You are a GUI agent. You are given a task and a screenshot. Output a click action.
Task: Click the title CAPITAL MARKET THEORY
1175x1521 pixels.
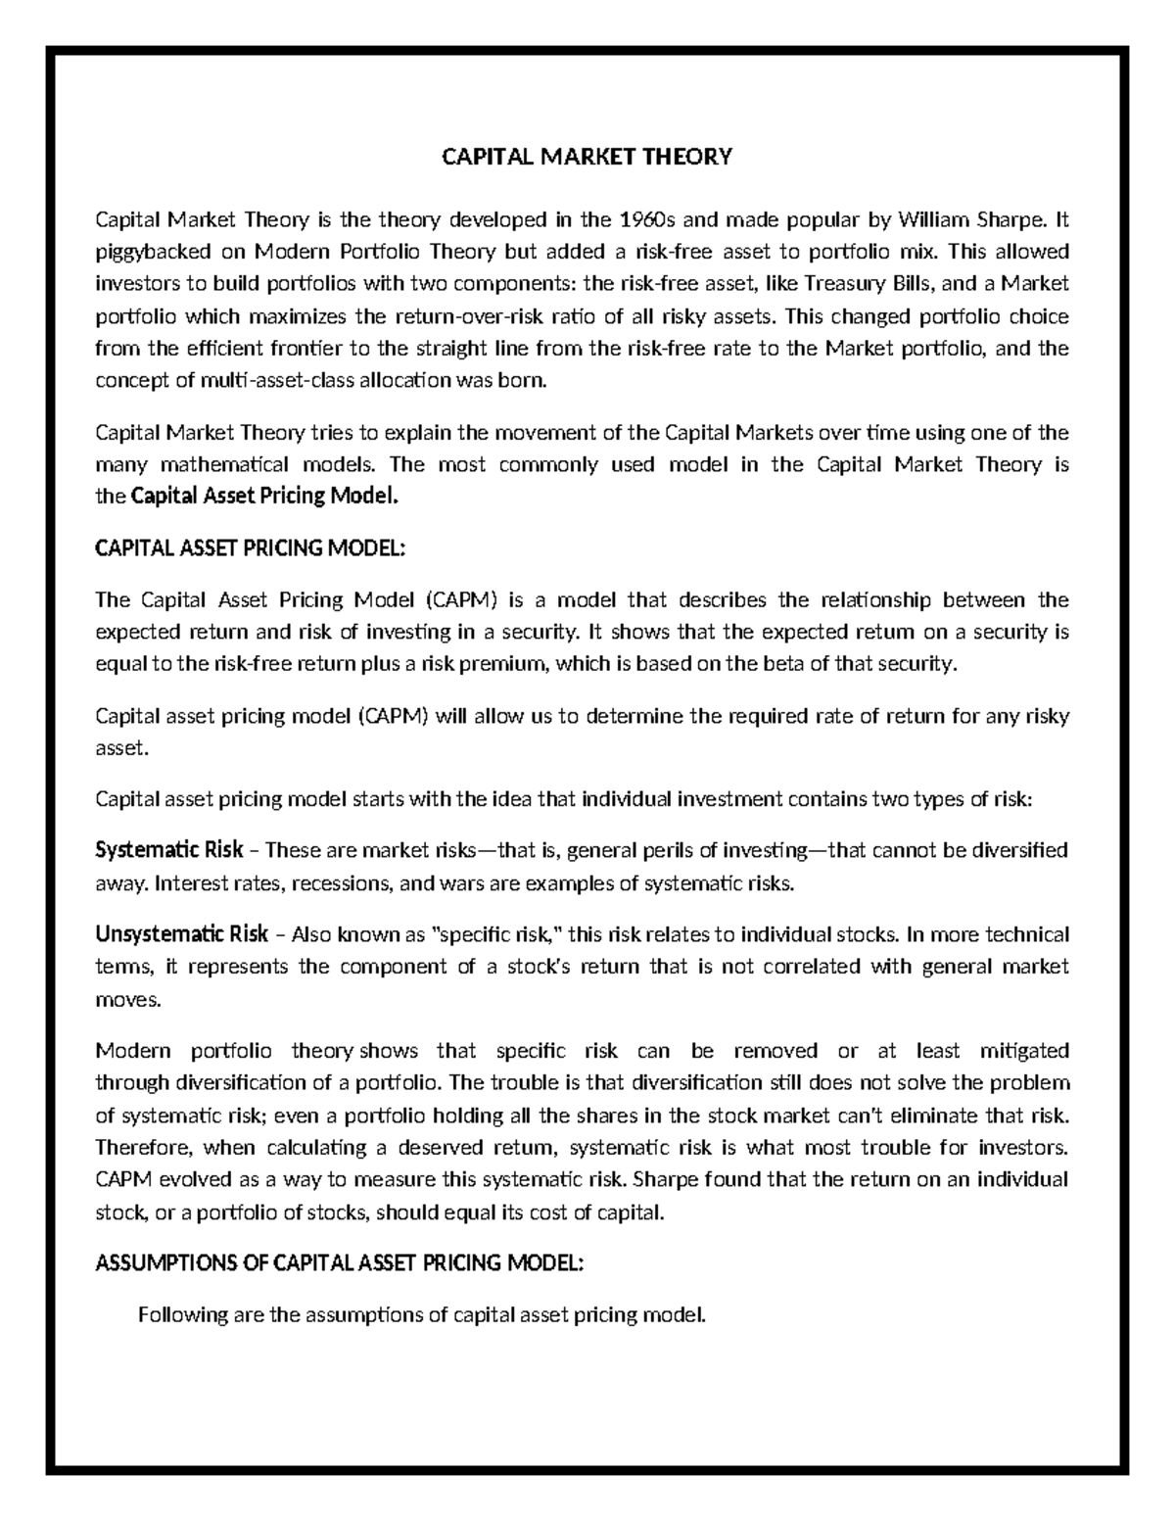(x=587, y=157)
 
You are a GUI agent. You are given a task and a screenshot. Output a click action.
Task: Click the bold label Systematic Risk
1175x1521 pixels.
(x=168, y=848)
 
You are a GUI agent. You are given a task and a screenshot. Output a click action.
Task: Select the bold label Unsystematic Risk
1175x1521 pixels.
(x=181, y=933)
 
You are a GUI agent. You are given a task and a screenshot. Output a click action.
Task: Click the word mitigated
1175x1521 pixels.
(x=1024, y=1051)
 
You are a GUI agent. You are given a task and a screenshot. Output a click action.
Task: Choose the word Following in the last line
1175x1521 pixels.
(x=183, y=1314)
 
